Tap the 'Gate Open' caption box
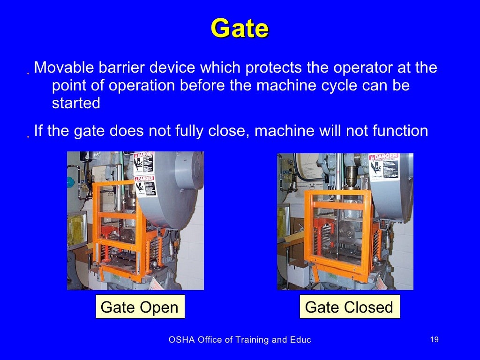click(140, 307)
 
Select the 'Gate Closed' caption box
click(349, 307)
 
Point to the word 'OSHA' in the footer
click(180, 340)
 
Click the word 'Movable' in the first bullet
click(64, 67)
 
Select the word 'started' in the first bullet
click(76, 103)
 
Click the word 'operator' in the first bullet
click(365, 67)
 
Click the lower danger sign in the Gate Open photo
click(145, 187)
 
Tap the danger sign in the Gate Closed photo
click(383, 167)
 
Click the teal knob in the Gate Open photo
click(71, 182)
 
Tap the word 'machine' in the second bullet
click(284, 131)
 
